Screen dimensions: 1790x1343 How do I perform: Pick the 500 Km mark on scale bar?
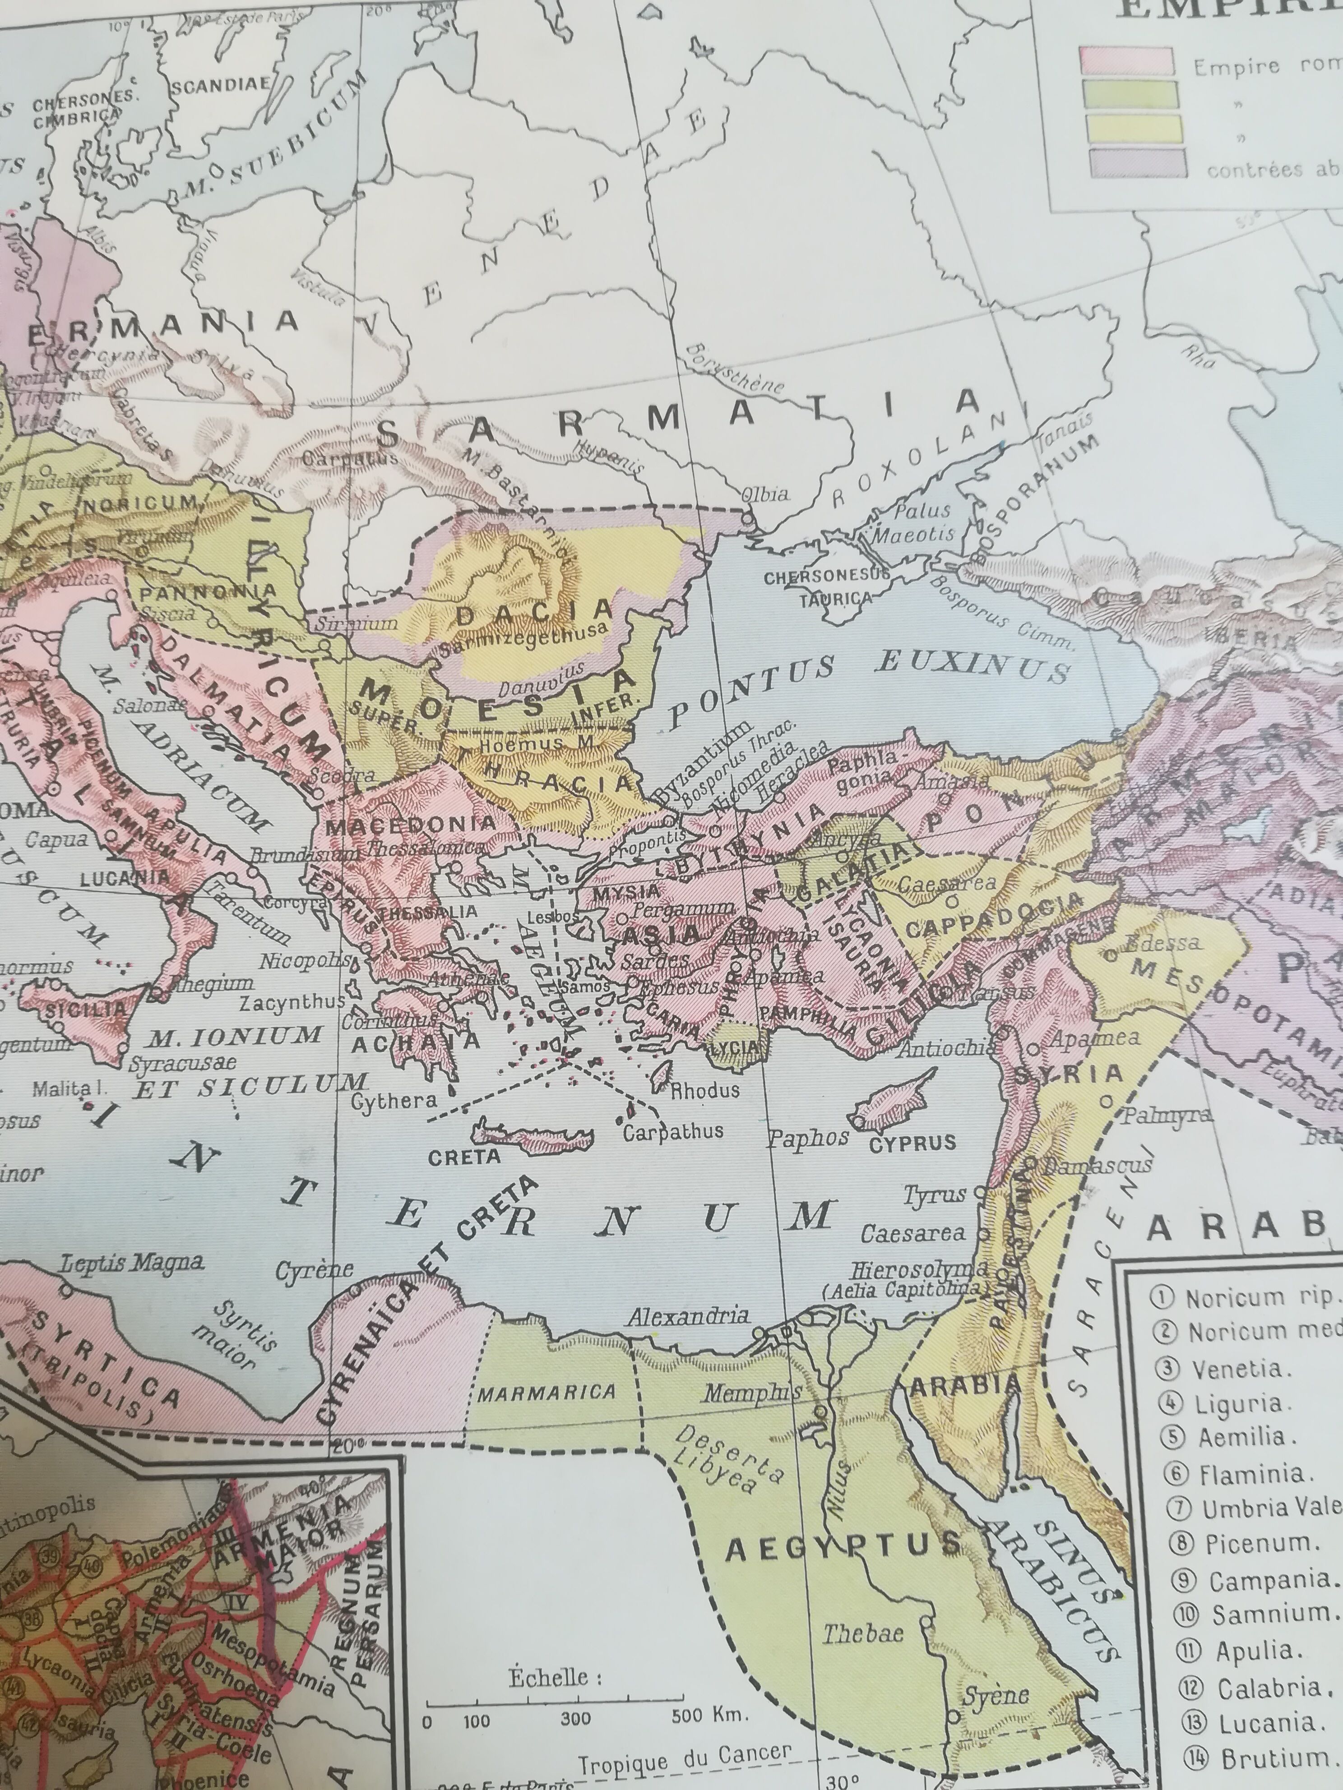click(700, 1713)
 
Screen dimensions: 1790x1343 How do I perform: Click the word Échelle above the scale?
click(556, 1676)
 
